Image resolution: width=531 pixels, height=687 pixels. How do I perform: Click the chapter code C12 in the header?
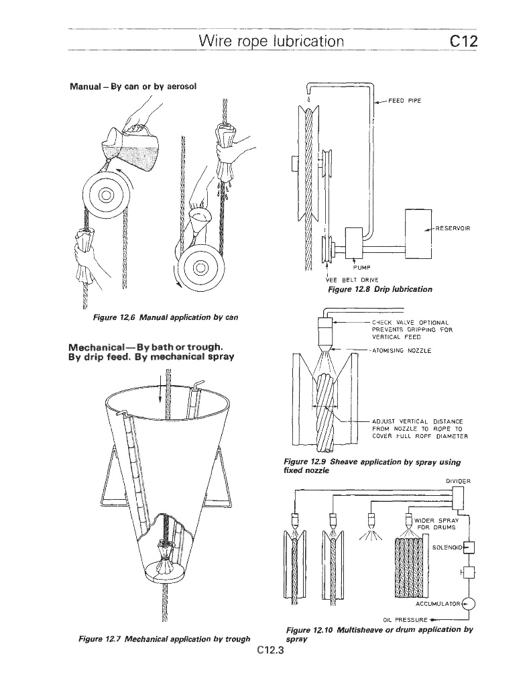(x=463, y=41)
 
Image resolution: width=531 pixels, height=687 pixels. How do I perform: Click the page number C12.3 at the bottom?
(x=271, y=649)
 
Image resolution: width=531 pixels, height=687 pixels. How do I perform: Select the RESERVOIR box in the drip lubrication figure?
(x=418, y=234)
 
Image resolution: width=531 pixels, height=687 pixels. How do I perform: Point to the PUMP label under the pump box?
(x=361, y=267)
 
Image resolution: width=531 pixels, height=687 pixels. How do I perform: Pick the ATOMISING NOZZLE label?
(x=402, y=350)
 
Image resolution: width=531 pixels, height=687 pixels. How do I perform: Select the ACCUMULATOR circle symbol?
(x=469, y=604)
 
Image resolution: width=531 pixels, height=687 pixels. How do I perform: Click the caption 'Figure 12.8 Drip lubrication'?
(x=380, y=289)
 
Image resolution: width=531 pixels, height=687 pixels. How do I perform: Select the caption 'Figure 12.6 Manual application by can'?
(x=166, y=317)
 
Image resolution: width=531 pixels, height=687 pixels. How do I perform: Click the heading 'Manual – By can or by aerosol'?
(x=133, y=87)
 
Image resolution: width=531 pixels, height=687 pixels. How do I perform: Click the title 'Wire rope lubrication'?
(x=272, y=41)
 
